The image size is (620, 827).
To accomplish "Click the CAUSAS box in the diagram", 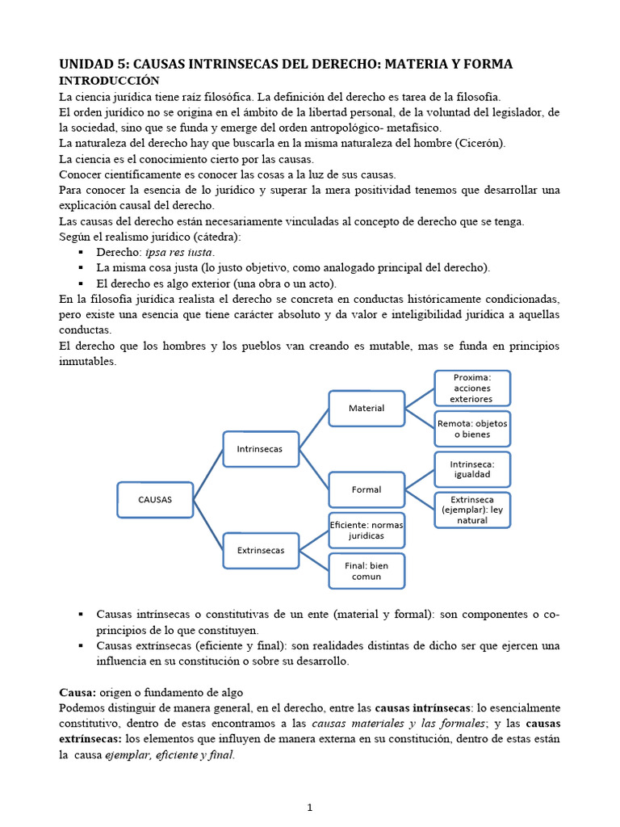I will (155, 500).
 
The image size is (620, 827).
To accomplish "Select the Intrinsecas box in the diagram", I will (260, 449).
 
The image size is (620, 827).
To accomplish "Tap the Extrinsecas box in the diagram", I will (260, 550).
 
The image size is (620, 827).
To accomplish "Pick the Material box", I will (366, 408).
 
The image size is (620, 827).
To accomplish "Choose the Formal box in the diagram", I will (366, 489).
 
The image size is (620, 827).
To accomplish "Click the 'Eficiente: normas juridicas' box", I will (366, 530).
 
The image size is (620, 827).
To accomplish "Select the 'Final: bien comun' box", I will (366, 570).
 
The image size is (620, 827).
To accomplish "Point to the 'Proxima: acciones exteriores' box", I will (471, 388).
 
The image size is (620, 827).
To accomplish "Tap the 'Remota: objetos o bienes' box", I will (471, 429).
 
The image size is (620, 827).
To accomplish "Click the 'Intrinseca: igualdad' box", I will (471, 469).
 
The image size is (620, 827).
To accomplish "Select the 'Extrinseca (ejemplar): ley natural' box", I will (471, 510).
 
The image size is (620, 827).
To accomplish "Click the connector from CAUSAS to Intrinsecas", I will (208, 475).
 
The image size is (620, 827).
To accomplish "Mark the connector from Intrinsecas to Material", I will (313, 429).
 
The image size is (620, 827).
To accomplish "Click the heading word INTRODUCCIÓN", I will (109, 81).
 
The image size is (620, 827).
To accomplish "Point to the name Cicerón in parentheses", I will (481, 144).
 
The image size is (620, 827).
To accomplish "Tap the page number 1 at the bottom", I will (309, 808).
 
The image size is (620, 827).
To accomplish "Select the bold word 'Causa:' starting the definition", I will (77, 693).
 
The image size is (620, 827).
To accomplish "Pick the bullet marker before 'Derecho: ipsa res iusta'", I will (82, 252).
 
